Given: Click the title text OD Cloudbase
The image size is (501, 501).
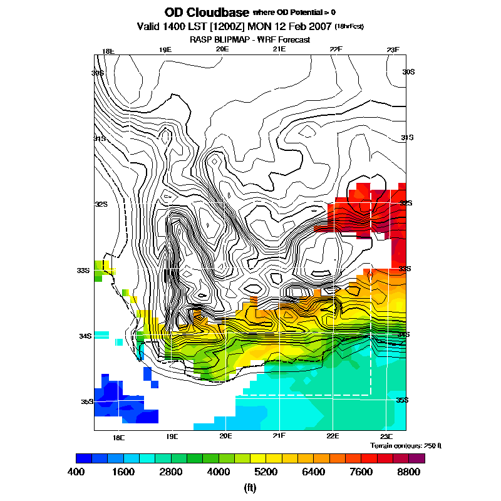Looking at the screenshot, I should pyautogui.click(x=206, y=13).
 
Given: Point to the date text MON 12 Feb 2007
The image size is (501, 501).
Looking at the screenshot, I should pyautogui.click(x=290, y=27).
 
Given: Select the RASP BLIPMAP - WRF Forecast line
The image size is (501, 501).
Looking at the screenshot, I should pyautogui.click(x=250, y=39).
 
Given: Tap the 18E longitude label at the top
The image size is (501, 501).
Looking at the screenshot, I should pyautogui.click(x=108, y=51).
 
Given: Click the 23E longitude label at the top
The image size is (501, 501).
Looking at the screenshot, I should pyautogui.click(x=393, y=50).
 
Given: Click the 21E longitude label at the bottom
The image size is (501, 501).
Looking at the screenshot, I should pyautogui.click(x=279, y=436).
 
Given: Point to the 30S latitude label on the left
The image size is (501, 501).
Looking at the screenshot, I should pyautogui.click(x=98, y=73).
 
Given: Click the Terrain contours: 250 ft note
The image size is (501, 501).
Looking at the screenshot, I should pyautogui.click(x=406, y=445).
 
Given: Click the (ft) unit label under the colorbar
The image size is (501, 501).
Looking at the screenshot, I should pyautogui.click(x=250, y=487).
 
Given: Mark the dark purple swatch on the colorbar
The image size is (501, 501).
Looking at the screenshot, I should pyautogui.click(x=416, y=458).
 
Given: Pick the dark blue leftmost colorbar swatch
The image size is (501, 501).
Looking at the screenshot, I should pyautogui.click(x=83, y=458).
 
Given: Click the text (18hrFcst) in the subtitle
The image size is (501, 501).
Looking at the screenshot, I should pyautogui.click(x=350, y=26).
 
